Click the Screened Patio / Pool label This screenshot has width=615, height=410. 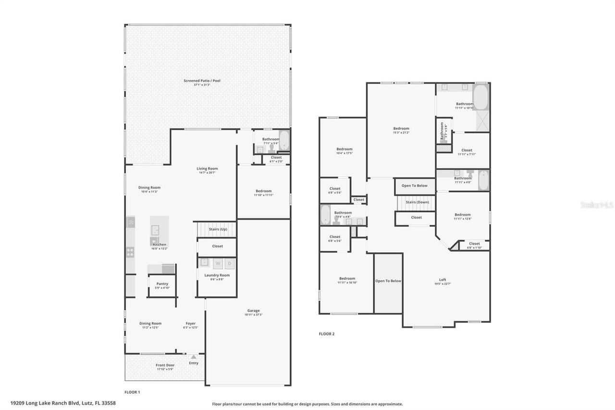pyautogui.click(x=202, y=81)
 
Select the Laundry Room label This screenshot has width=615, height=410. pyautogui.click(x=217, y=275)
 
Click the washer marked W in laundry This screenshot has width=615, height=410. pyautogui.click(x=218, y=263)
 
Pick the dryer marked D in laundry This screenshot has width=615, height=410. pyautogui.click(x=230, y=263)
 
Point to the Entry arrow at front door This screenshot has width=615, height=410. pyautogui.click(x=193, y=357)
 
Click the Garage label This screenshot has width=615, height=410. pyautogui.click(x=254, y=311)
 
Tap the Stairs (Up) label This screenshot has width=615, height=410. pyautogui.click(x=218, y=229)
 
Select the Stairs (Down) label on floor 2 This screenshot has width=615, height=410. pyautogui.click(x=417, y=202)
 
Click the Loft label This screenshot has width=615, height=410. pyautogui.click(x=443, y=280)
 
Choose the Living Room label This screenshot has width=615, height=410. pyautogui.click(x=207, y=169)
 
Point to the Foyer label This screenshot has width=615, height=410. pyautogui.click(x=191, y=323)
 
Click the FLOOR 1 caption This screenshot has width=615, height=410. pyautogui.click(x=132, y=392)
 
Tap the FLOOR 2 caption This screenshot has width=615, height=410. pyautogui.click(x=327, y=334)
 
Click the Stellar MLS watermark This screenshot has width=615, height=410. pyautogui.click(x=597, y=205)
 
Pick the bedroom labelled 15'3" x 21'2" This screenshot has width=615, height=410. pyautogui.click(x=401, y=128)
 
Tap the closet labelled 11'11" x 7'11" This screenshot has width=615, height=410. pyautogui.click(x=467, y=150)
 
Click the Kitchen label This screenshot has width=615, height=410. pyautogui.click(x=160, y=245)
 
